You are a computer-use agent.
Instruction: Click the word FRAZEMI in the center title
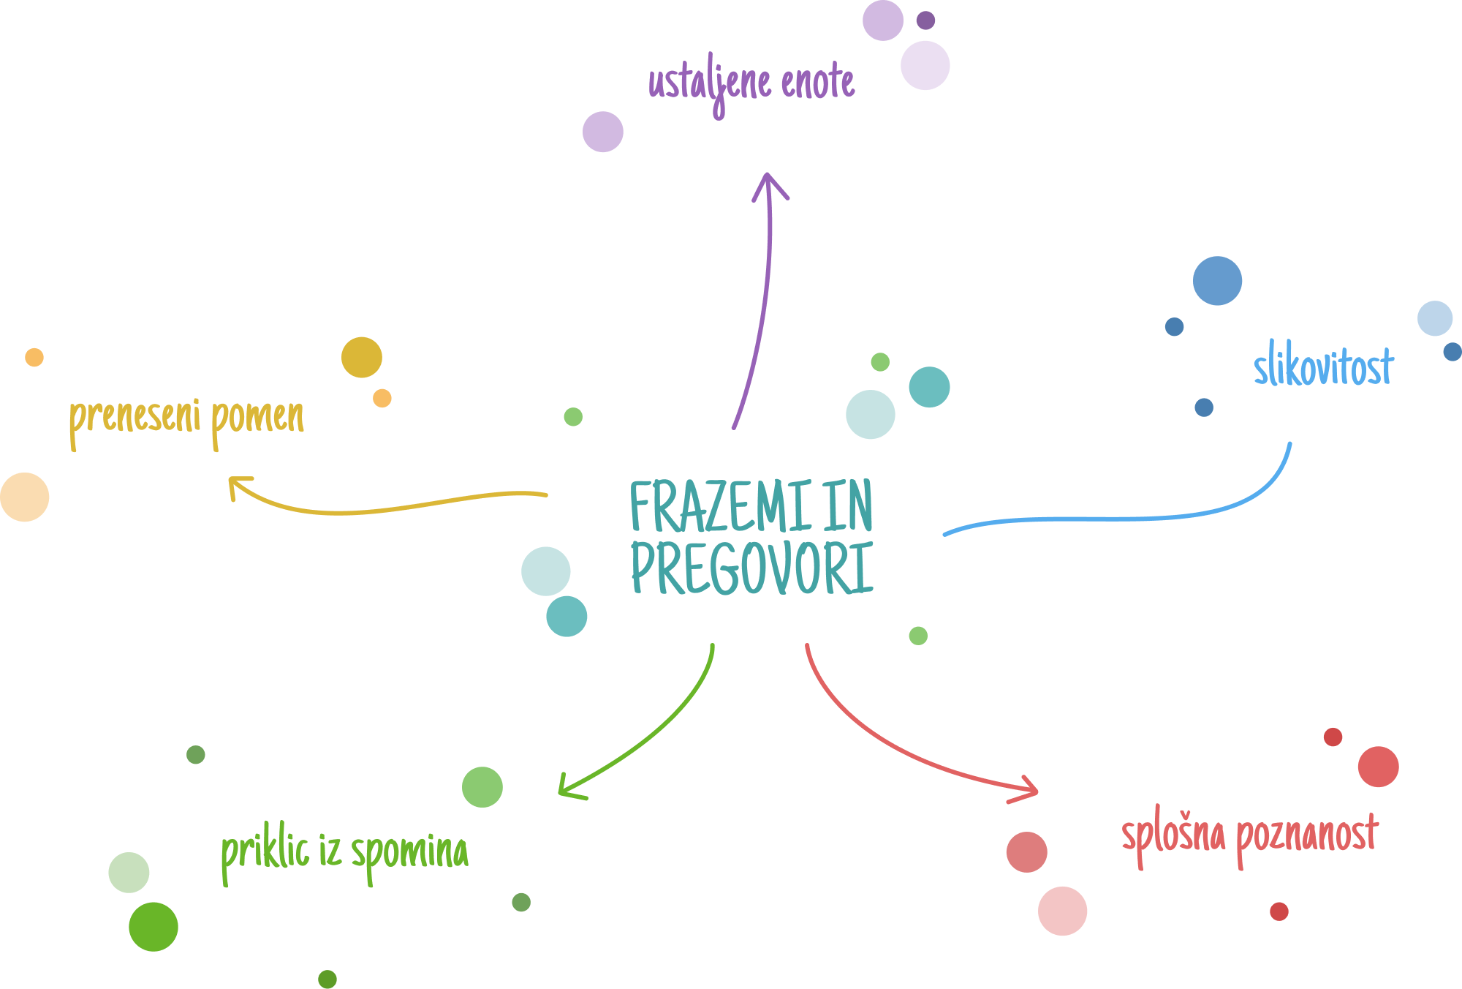(720, 506)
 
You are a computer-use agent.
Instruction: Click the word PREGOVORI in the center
(751, 568)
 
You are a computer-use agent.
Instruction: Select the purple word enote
(817, 82)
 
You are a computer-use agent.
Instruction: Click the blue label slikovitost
(1323, 366)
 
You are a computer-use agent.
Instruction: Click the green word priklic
(265, 851)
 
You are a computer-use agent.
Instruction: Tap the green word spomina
(409, 853)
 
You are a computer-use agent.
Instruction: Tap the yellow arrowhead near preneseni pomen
(237, 486)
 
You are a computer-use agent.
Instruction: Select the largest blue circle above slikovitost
(1217, 281)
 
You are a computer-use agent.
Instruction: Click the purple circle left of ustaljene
(603, 132)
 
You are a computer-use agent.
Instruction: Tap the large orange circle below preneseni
(25, 497)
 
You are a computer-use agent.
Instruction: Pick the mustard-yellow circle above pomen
(362, 357)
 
